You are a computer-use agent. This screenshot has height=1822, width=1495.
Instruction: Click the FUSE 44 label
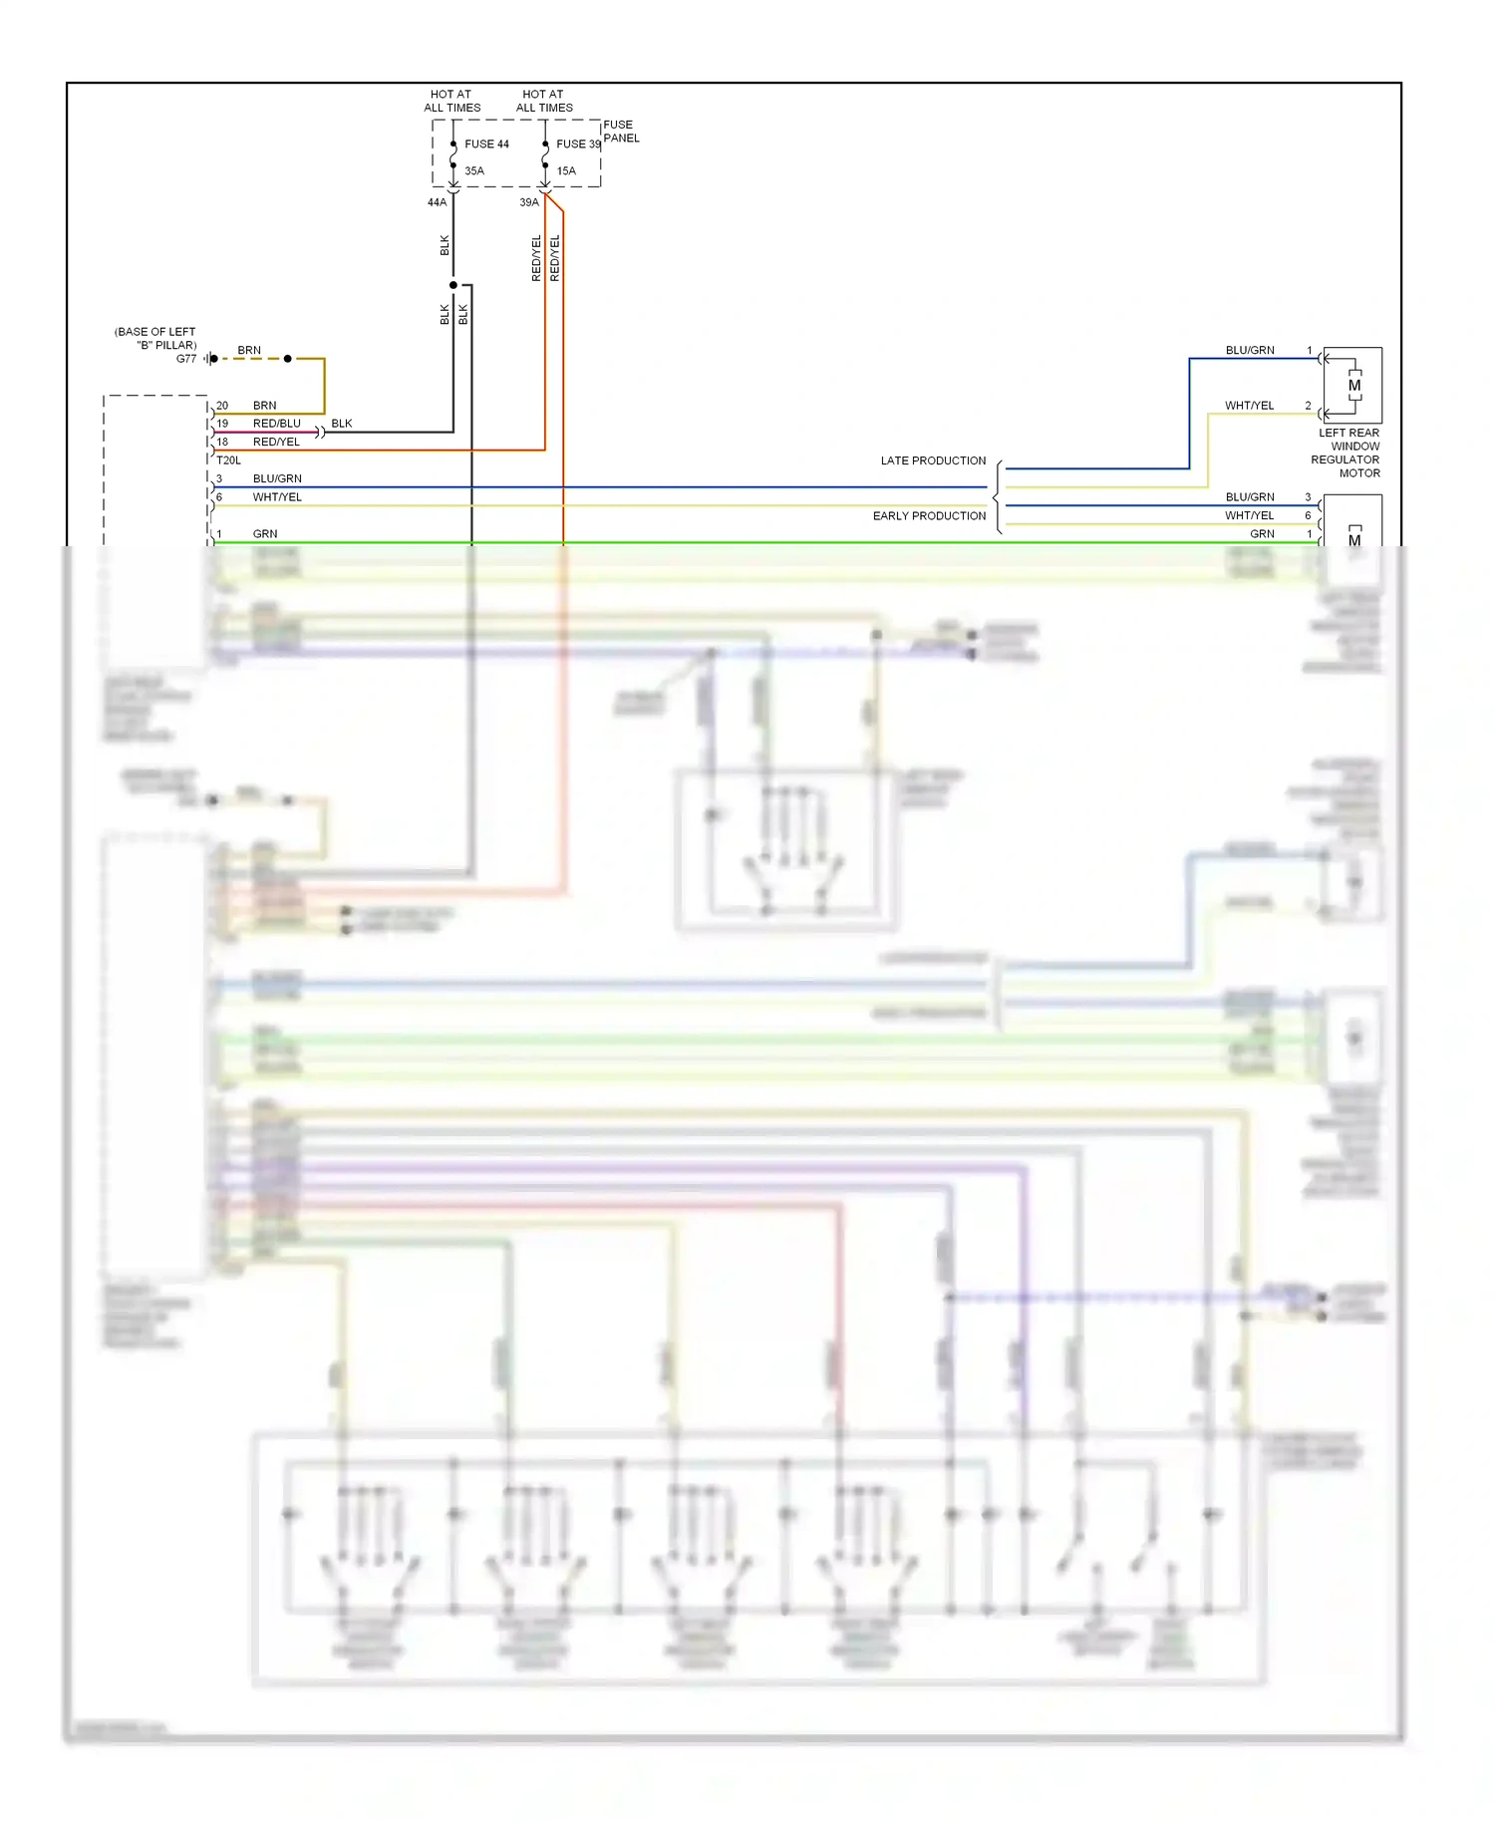(x=486, y=145)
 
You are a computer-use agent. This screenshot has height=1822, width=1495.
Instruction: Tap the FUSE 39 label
(x=578, y=145)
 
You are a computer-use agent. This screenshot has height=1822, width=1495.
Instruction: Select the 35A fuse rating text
(x=474, y=171)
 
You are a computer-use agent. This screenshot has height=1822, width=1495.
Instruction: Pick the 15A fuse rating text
(x=566, y=171)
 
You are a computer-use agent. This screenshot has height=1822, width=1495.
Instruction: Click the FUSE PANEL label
(x=621, y=132)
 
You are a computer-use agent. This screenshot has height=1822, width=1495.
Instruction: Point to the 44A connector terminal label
(x=437, y=202)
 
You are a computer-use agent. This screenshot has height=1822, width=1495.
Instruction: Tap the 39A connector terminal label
(x=529, y=202)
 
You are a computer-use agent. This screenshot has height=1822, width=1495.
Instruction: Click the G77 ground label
(x=186, y=359)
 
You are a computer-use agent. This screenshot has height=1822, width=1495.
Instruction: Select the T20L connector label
(x=228, y=460)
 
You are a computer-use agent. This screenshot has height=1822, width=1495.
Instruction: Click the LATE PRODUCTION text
(x=933, y=460)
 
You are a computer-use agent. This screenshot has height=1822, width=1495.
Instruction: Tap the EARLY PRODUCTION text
(x=929, y=516)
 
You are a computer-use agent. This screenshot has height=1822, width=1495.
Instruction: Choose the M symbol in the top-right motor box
(x=1354, y=386)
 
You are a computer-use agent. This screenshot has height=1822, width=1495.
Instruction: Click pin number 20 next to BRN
(x=222, y=406)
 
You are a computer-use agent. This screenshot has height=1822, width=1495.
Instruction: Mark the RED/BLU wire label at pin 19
(x=276, y=424)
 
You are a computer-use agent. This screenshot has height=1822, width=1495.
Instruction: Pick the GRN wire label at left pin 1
(x=265, y=534)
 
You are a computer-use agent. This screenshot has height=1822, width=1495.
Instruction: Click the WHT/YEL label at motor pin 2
(x=1249, y=406)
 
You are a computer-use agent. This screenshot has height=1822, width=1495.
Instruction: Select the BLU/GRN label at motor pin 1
(x=1250, y=351)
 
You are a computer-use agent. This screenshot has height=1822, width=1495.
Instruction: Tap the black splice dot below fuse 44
(x=453, y=285)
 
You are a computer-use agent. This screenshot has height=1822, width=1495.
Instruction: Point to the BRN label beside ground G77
(x=249, y=351)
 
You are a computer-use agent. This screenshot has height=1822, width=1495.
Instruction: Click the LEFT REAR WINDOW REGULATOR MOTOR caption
(x=1347, y=454)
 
